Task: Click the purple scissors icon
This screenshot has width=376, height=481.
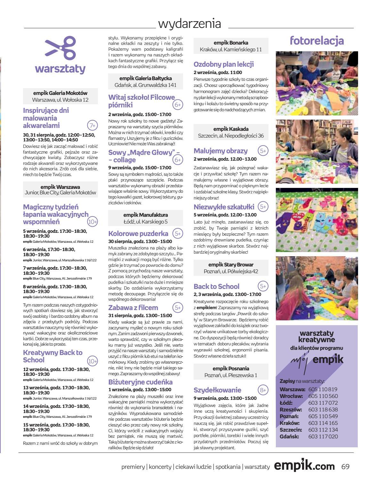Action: (60, 48)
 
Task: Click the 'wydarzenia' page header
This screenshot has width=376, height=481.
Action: (190, 24)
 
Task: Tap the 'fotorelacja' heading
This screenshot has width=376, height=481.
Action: (316, 41)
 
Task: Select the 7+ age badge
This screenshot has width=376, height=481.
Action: (92, 125)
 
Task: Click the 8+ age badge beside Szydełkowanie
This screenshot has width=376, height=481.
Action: (263, 390)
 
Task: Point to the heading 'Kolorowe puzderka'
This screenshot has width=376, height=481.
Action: (138, 233)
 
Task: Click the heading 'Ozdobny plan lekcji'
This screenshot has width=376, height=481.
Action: (224, 64)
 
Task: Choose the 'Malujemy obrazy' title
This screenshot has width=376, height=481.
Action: (220, 151)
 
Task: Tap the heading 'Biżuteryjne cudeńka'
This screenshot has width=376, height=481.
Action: (140, 382)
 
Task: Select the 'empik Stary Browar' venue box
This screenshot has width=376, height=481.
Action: (231, 268)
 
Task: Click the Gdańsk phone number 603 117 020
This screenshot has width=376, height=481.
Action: (323, 436)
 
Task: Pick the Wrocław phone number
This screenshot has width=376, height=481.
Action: (323, 396)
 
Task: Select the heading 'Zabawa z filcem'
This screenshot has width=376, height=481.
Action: (133, 308)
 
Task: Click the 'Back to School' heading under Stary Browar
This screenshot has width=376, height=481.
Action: (216, 286)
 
